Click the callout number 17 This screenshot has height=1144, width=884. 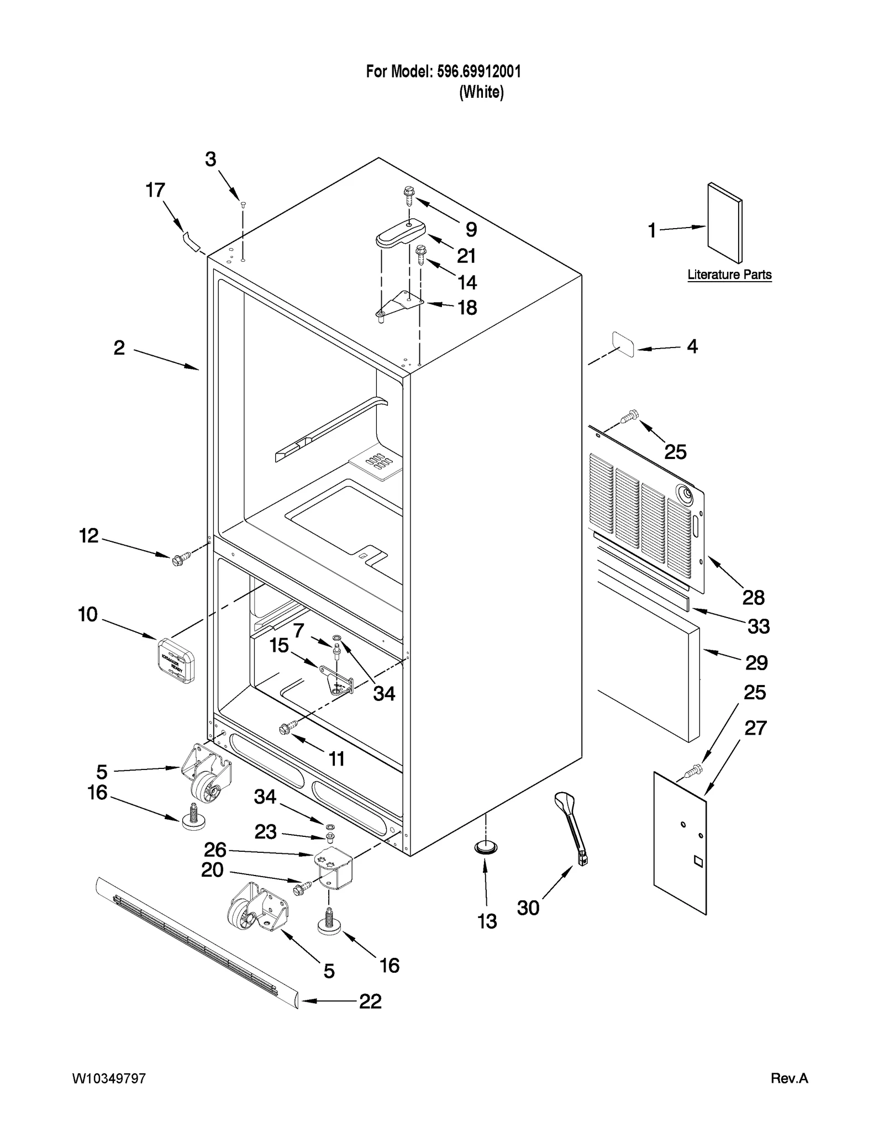tap(155, 191)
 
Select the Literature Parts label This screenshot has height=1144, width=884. tap(729, 275)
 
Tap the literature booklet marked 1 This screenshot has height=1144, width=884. tap(725, 223)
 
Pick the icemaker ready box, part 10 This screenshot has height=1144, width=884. tap(176, 660)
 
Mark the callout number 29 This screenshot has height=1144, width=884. tap(756, 662)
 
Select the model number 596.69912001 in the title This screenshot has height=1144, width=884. tap(478, 72)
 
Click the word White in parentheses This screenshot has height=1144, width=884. tap(481, 92)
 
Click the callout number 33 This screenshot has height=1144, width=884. tap(758, 626)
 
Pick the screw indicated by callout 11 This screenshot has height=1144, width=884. tap(288, 727)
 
